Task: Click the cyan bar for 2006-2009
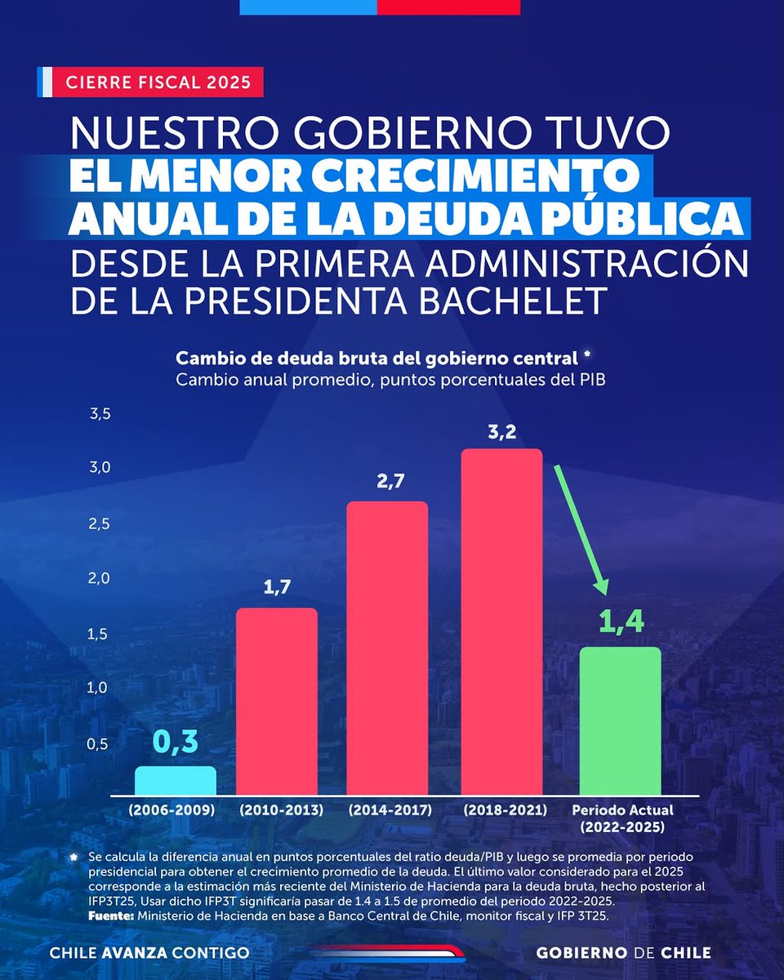(x=176, y=780)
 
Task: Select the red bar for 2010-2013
(x=276, y=701)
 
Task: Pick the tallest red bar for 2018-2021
(x=501, y=621)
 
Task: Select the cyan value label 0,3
(x=176, y=743)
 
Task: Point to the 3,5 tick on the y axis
(x=99, y=415)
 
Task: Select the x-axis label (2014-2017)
(x=388, y=811)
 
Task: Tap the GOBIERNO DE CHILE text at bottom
(x=624, y=953)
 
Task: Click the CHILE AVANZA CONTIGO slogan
(x=149, y=953)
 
